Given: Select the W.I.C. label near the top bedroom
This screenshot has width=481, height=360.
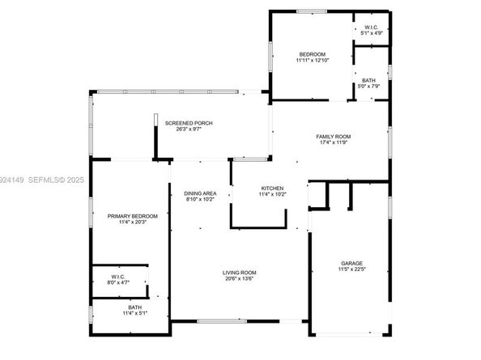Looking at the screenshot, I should [371, 28].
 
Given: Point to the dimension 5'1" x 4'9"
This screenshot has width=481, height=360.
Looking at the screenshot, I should [371, 33].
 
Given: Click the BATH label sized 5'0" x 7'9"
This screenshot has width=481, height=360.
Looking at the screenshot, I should [369, 80].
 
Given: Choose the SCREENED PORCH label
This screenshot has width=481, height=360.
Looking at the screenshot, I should [189, 123].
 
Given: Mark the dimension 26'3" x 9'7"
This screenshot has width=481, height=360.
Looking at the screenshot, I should [189, 129].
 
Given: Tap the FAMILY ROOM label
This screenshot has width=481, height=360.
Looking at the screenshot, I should [333, 136].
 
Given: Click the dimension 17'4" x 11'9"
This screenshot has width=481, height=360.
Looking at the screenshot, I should [333, 142].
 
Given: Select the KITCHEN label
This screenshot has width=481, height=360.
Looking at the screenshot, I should [270, 188].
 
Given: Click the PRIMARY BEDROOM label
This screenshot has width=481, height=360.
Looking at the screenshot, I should [133, 216].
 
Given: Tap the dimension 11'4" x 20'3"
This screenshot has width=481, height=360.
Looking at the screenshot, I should [133, 222].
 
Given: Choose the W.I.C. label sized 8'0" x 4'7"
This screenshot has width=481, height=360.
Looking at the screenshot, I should [118, 276].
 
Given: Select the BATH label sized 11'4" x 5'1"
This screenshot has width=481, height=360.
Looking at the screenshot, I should [134, 307].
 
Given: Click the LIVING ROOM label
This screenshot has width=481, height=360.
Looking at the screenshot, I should [240, 272].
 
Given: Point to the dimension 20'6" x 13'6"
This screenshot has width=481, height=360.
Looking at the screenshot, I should [240, 278].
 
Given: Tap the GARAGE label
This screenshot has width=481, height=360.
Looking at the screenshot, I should [351, 263].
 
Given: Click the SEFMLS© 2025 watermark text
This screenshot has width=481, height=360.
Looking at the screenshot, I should [52, 172].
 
